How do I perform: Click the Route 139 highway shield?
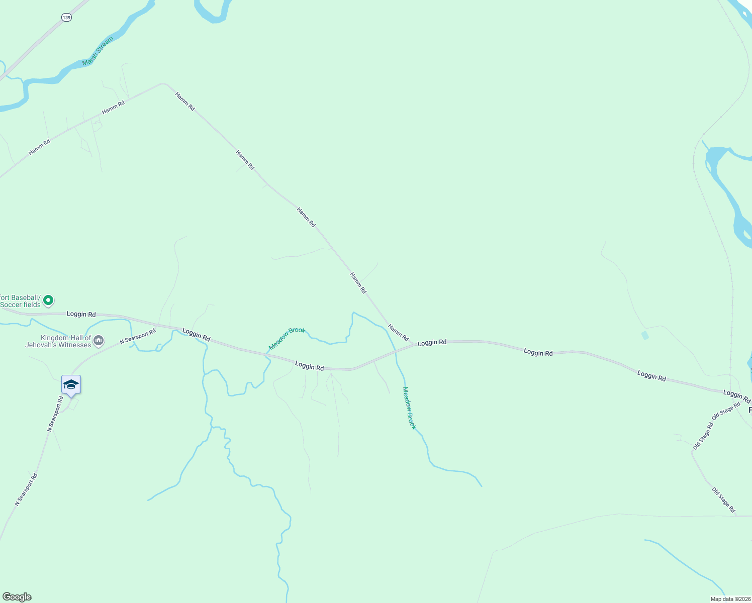[x=67, y=18]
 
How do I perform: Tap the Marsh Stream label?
[x=98, y=51]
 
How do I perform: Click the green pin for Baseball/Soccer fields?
[x=48, y=300]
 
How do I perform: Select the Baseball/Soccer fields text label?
[x=21, y=301]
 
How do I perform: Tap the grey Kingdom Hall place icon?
[x=99, y=341]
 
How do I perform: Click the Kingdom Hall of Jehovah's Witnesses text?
[x=58, y=342]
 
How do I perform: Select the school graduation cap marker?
[x=71, y=385]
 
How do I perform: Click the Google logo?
[x=17, y=597]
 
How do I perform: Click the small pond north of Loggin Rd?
[x=645, y=335]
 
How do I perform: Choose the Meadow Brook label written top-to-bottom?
[x=410, y=408]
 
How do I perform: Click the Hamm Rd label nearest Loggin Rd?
[x=398, y=333]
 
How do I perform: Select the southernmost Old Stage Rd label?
[x=723, y=499]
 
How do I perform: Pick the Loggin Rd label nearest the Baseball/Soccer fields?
[x=81, y=314]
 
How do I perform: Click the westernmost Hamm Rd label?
[x=39, y=147]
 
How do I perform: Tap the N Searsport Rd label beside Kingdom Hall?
[x=138, y=337]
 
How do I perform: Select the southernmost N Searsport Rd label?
[x=26, y=489]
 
